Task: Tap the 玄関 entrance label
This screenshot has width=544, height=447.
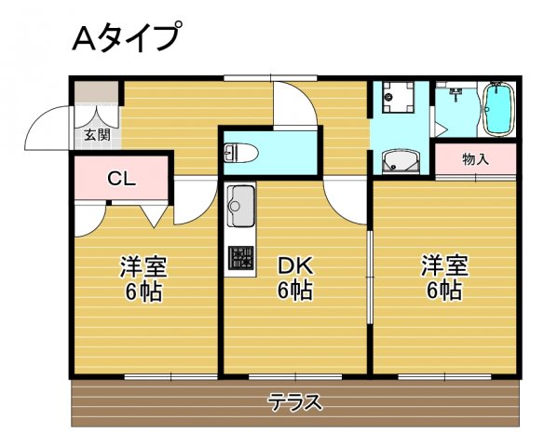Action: [97, 134]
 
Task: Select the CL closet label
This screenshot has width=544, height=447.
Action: [120, 179]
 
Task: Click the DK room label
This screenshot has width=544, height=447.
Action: [294, 265]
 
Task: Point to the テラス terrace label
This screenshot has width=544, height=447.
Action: [295, 402]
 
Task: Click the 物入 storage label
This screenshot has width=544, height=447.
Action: [475, 158]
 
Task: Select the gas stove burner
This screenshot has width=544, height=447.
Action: [240, 257]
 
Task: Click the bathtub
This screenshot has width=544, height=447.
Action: [498, 110]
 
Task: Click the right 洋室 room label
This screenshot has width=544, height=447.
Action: [443, 265]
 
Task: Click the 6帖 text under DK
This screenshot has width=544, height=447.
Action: [294, 291]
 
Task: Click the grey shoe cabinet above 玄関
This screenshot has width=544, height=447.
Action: [96, 96]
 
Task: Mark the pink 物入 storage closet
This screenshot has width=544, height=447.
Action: [475, 158]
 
